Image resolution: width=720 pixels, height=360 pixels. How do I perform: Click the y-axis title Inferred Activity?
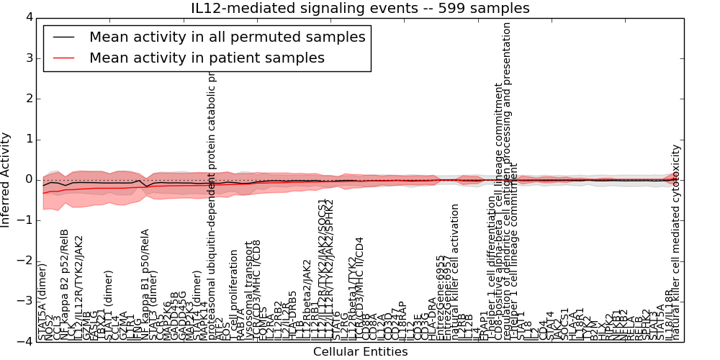(x=6, y=180)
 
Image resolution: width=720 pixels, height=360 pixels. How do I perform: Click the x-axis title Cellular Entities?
(x=360, y=351)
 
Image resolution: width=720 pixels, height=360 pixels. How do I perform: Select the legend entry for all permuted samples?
(x=227, y=37)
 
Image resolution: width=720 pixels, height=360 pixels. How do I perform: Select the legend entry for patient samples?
(x=207, y=58)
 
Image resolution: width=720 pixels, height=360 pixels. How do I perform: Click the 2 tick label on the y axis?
(x=29, y=99)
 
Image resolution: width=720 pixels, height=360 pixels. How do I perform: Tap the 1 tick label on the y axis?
(x=29, y=139)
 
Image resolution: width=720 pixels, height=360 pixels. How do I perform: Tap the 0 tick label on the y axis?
(x=29, y=180)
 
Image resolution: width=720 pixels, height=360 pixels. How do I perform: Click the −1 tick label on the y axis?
(x=26, y=220)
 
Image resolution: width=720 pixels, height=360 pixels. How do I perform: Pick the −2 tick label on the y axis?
(x=26, y=261)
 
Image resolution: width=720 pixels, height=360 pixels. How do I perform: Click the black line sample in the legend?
(x=63, y=37)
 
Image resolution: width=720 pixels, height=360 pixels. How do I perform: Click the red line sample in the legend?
(x=63, y=58)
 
